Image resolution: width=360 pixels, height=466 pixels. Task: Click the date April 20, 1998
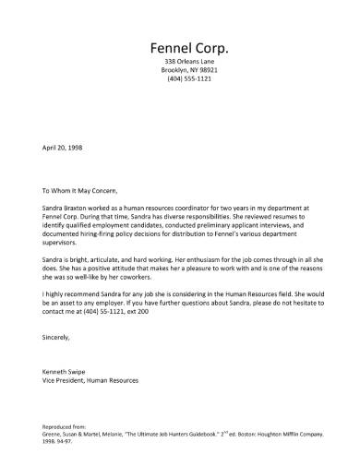pyautogui.click(x=63, y=147)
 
